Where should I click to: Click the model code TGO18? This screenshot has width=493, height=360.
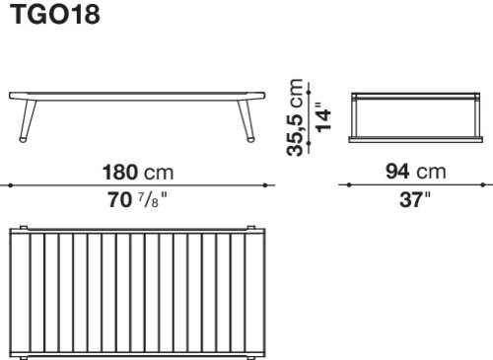click(x=55, y=15)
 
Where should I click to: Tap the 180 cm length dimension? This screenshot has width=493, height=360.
click(x=138, y=173)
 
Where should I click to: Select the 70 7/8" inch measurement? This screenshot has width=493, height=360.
click(x=138, y=199)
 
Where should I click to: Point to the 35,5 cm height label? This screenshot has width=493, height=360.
click(x=295, y=117)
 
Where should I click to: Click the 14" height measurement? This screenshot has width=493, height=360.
click(x=323, y=117)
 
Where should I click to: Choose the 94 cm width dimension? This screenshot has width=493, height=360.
click(x=416, y=172)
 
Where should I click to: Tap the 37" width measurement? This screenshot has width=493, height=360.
click(x=415, y=199)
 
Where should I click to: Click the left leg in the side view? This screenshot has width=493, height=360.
click(x=28, y=118)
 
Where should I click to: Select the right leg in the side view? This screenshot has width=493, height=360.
click(x=246, y=118)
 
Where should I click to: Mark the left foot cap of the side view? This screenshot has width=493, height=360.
click(x=24, y=139)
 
